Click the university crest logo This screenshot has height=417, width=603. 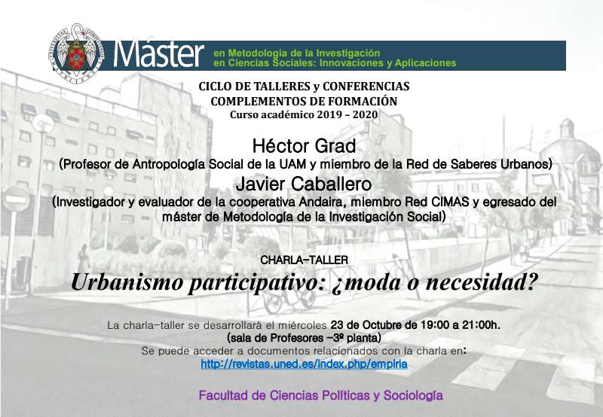(76, 53)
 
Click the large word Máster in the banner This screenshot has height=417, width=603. (158, 53)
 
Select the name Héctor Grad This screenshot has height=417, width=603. (305, 146)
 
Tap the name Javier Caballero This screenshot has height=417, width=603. (304, 184)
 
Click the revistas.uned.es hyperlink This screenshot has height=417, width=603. (304, 364)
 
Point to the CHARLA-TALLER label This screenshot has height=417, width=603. (305, 260)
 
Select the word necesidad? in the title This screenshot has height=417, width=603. (482, 282)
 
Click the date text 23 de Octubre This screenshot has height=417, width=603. (369, 325)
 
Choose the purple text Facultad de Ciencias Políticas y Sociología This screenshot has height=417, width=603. (321, 395)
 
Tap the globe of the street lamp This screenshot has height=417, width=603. (43, 123)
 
